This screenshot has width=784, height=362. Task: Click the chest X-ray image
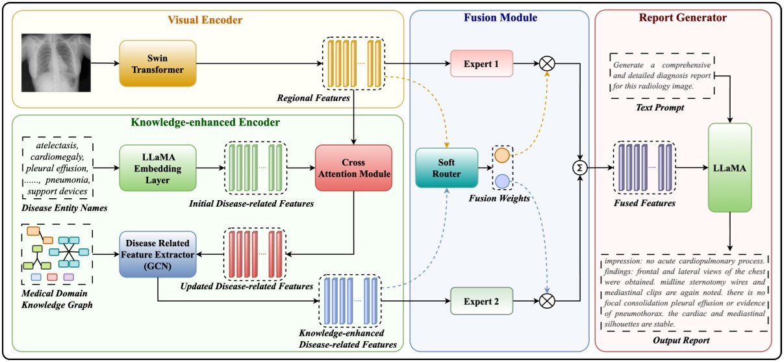(55, 63)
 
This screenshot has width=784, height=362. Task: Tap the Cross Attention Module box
(353, 167)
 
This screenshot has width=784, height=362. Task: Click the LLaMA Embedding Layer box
(158, 167)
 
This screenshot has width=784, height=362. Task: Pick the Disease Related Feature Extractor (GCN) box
(158, 254)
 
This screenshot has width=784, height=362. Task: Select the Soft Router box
(447, 168)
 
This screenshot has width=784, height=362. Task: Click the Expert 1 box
(481, 64)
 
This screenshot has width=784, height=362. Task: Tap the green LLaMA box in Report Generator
(730, 168)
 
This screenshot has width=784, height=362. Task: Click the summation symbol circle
(579, 168)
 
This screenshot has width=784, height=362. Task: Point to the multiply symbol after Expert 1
(548, 64)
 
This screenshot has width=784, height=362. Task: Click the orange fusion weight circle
(501, 157)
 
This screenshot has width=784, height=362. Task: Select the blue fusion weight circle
(501, 181)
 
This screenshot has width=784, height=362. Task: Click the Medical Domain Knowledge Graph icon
(55, 255)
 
